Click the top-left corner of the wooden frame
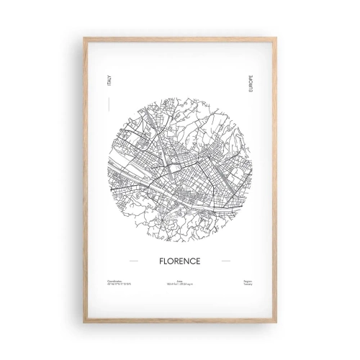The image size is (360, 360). [85, 38]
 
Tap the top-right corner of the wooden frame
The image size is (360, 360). [274, 38]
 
